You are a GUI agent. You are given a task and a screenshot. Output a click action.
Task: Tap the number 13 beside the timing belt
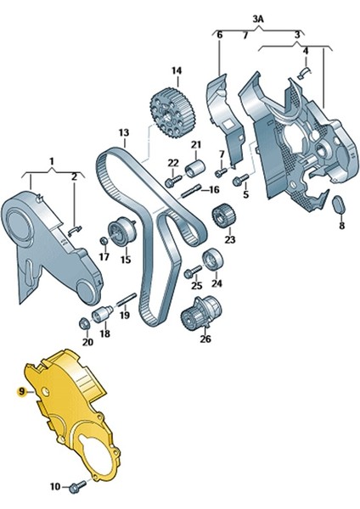tap(123, 133)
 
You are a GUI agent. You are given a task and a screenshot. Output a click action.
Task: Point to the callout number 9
tap(22, 392)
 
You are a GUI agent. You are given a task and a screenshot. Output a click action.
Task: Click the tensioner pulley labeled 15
tap(123, 231)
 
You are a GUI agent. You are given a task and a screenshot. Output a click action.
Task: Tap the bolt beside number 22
tap(173, 180)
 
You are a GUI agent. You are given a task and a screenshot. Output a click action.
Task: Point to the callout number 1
tap(50, 159)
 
